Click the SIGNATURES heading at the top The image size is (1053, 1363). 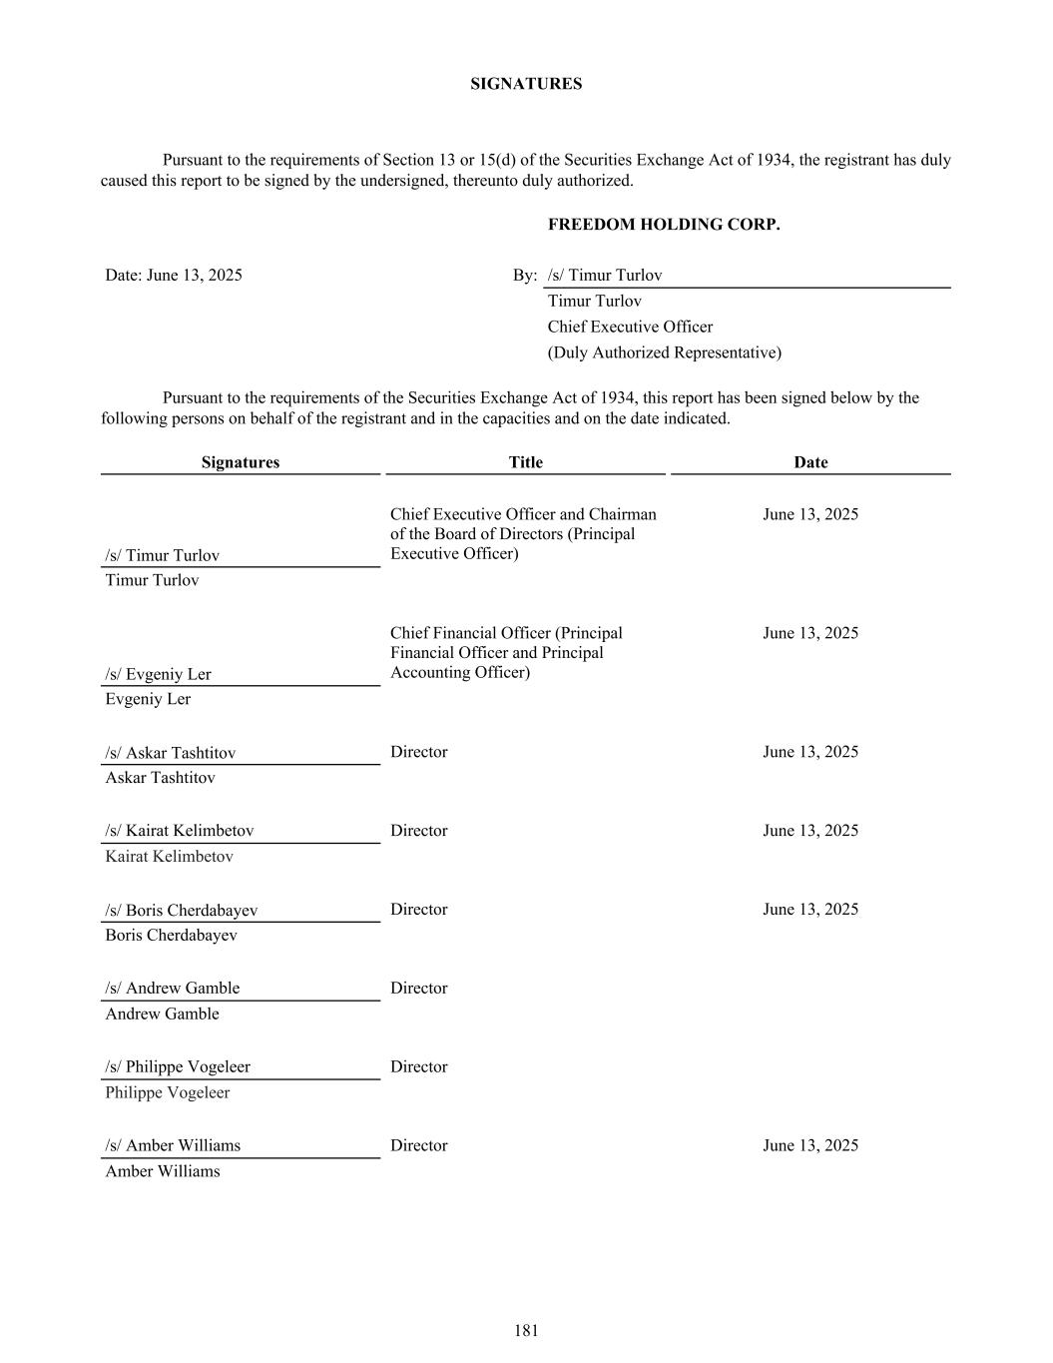coord(526,84)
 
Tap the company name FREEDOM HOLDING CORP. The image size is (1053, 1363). coord(664,225)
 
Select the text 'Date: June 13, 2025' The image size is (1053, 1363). coord(174,275)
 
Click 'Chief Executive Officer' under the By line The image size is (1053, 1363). coord(630,327)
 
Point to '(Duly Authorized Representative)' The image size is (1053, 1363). coord(664,352)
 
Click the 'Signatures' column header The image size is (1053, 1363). coord(240,462)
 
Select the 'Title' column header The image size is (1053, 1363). coord(525,462)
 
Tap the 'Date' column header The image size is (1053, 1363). coord(810,462)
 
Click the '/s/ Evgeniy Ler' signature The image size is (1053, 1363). coord(158,674)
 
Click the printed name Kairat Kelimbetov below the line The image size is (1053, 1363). coord(169,857)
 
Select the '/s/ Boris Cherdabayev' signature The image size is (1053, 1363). coord(181,911)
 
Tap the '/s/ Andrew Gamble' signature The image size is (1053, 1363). coord(172,989)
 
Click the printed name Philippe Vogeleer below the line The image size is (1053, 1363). coord(167,1092)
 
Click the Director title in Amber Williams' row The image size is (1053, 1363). coord(418,1146)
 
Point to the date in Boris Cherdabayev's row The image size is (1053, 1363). coord(810,910)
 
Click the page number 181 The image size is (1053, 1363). coord(526,1330)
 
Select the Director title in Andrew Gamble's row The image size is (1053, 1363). coord(418,989)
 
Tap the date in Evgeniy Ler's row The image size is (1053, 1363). coord(810,633)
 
